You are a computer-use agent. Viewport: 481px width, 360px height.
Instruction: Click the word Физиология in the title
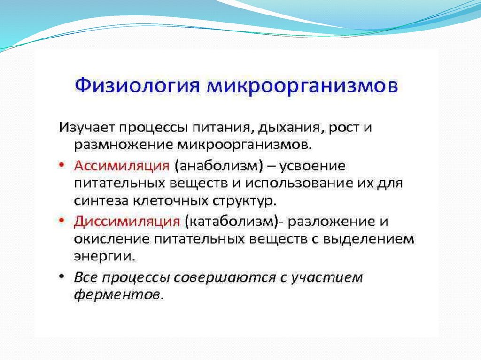(137, 85)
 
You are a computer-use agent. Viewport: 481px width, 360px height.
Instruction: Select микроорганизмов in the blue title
(303, 86)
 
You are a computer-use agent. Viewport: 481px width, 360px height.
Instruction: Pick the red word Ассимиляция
(122, 166)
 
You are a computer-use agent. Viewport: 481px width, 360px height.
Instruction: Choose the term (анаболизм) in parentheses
(219, 166)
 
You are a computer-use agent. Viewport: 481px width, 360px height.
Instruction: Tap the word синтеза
(101, 201)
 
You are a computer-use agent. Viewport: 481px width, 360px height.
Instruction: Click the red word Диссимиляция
(127, 222)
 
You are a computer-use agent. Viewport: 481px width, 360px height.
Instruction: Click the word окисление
(111, 239)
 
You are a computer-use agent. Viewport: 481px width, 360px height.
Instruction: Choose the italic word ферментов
(118, 295)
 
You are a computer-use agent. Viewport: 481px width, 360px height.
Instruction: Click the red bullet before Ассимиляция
(62, 166)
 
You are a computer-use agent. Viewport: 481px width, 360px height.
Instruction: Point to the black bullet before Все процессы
(62, 276)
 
